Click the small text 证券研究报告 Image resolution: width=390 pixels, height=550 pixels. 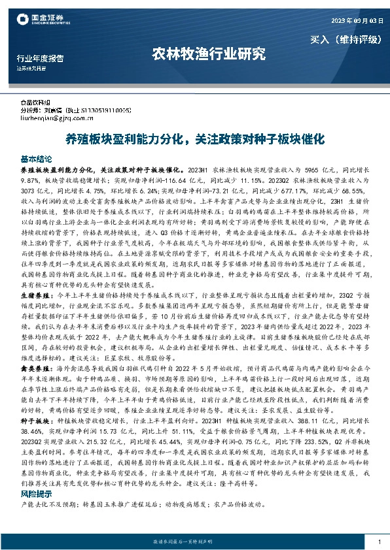(x=31, y=68)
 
